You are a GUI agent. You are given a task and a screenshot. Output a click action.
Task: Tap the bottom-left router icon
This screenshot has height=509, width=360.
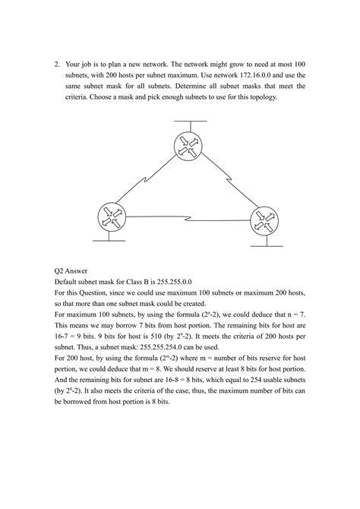112,215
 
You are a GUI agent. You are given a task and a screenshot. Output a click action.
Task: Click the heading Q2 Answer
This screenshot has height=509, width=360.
74,269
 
